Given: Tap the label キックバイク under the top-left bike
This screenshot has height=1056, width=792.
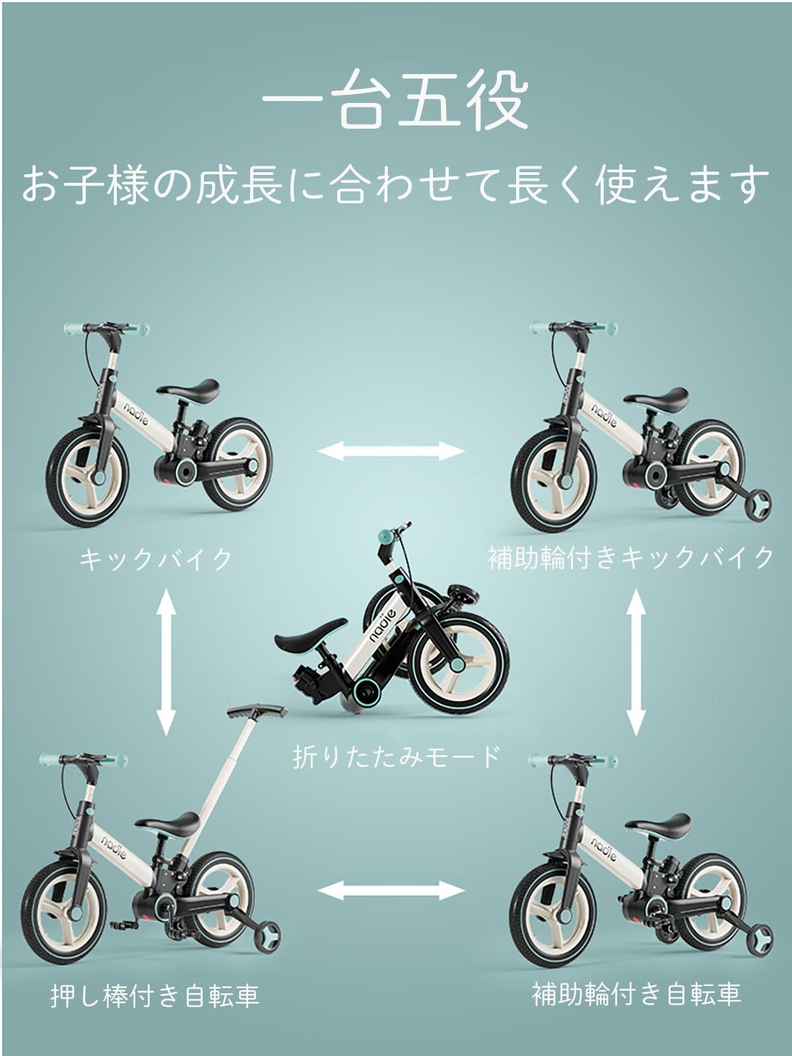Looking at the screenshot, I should click(x=156, y=559).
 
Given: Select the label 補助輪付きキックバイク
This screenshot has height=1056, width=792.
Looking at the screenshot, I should click(x=631, y=558).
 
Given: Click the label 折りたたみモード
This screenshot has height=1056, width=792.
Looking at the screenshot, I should click(x=397, y=757).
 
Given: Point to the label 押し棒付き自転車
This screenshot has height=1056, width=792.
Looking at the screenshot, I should click(x=155, y=996).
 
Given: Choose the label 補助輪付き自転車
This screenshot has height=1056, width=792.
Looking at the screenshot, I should click(x=636, y=993).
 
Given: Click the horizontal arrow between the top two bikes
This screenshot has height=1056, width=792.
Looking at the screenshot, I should click(x=392, y=451).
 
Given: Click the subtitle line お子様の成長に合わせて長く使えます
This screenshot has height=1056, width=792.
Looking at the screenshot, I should click(x=396, y=184).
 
